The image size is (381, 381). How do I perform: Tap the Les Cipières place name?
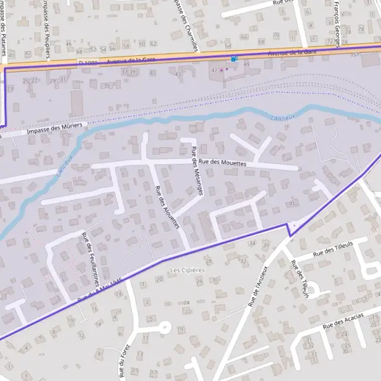[x=187, y=270]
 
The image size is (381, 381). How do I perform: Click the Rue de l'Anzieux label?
[x=258, y=286]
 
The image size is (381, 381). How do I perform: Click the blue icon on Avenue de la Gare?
[x=234, y=58]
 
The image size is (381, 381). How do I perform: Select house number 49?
[x=246, y=65]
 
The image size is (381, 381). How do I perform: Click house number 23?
[x=10, y=89]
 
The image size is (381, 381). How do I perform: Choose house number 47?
[x=214, y=70]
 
